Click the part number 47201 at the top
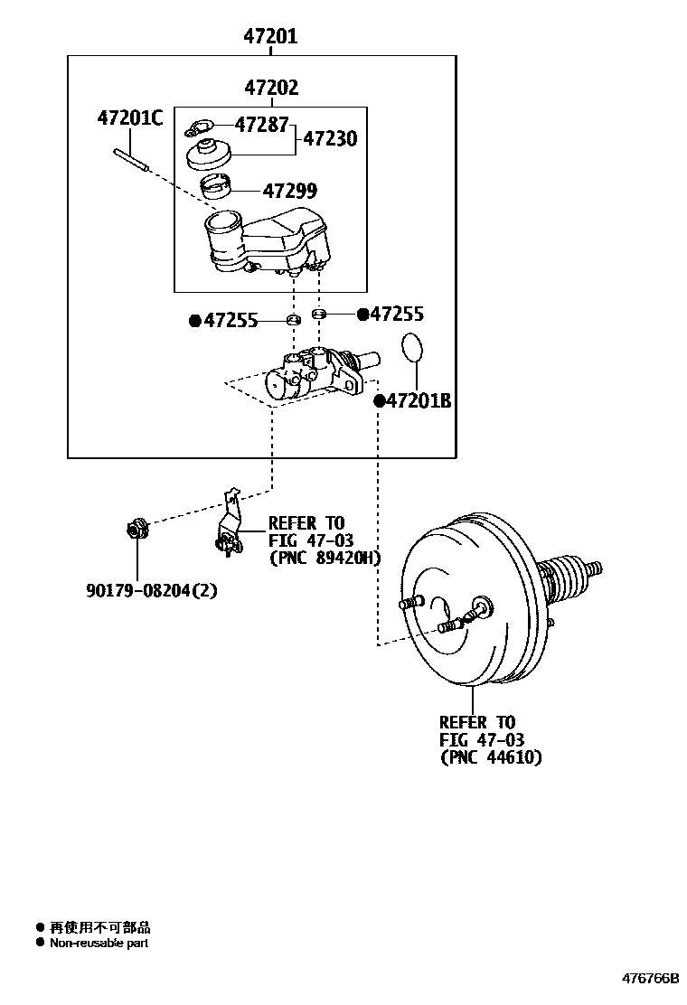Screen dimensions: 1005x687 [269, 37]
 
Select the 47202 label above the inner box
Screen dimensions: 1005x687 [270, 89]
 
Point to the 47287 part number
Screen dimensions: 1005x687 [262, 125]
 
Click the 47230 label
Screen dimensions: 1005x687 [329, 139]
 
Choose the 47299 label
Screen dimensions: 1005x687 [290, 191]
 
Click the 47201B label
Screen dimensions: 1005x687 [418, 400]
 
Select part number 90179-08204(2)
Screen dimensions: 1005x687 [152, 590]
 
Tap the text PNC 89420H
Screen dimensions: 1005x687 [325, 558]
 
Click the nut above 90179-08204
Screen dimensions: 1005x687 [137, 526]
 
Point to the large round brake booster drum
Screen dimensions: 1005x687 [470, 615]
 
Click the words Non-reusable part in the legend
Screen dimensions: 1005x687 [99, 943]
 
